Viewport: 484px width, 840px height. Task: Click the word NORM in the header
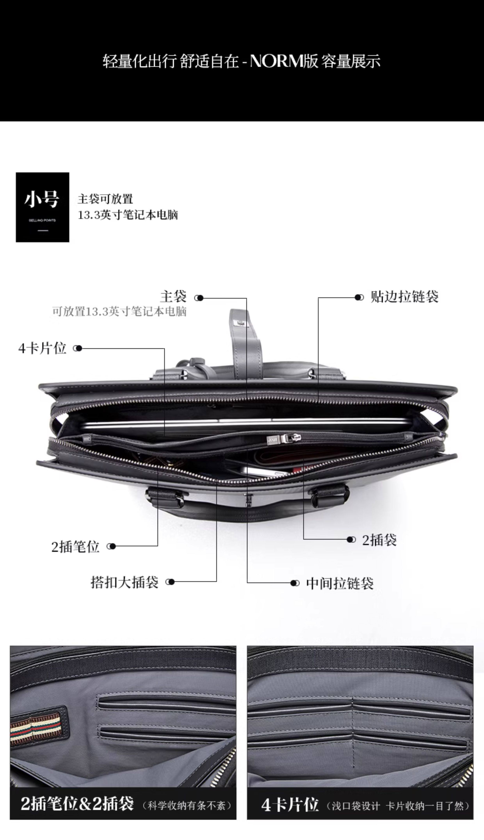tap(276, 61)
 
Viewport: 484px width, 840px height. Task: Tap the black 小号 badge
tap(43, 207)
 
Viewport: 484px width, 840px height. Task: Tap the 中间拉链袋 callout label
tap(340, 583)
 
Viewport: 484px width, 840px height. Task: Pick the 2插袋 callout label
tap(379, 540)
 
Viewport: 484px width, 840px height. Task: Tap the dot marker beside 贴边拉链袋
tap(359, 297)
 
